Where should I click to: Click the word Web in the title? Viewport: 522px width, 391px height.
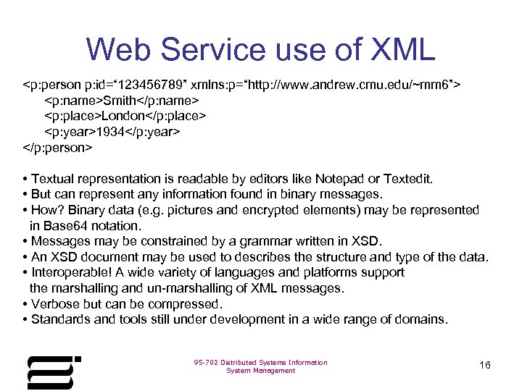coord(119,49)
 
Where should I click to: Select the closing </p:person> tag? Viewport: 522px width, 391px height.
coord(58,148)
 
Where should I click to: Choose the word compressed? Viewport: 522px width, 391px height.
coord(185,303)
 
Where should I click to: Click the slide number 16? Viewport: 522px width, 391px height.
coord(485,365)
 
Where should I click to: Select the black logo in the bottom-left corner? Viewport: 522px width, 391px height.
coord(51,371)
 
